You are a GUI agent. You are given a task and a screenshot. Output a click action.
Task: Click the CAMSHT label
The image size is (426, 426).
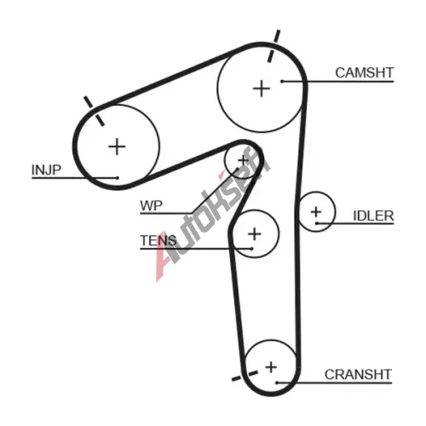click(365, 72)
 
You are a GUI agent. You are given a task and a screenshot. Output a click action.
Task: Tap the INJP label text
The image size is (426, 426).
click(46, 170)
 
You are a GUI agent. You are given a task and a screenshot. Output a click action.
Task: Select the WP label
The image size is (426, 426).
click(152, 205)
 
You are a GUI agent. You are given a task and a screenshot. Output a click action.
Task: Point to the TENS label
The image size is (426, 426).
click(158, 240)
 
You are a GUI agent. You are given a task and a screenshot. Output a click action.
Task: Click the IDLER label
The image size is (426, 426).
click(373, 216)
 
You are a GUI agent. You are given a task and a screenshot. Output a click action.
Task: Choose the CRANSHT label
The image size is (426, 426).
click(358, 375)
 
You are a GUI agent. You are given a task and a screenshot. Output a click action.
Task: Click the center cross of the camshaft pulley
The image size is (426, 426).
click(262, 89)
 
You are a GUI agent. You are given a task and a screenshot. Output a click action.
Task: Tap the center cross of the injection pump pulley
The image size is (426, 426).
click(117, 147)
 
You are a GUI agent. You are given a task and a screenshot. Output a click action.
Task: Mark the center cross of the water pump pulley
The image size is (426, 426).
click(243, 161)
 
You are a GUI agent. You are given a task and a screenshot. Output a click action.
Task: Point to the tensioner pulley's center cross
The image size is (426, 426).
click(255, 234)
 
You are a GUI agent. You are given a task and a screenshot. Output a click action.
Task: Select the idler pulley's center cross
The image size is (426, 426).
click(316, 212)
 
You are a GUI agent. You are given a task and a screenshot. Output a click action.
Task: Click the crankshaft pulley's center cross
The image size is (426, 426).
click(271, 367)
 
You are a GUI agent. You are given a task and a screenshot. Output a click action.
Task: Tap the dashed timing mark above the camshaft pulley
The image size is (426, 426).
click(273, 46)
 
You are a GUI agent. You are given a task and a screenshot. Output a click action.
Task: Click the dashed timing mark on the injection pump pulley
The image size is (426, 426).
click(94, 111)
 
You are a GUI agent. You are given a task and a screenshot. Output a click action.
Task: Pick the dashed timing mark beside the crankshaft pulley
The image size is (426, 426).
click(245, 376)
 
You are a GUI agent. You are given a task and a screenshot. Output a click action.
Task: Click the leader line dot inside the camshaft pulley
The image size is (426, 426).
click(282, 82)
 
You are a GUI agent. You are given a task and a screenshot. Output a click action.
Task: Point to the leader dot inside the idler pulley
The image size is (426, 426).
click(317, 223)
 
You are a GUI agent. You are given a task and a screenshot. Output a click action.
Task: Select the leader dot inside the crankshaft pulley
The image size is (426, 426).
click(277, 383)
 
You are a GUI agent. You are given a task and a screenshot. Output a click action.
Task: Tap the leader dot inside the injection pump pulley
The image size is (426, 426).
click(118, 178)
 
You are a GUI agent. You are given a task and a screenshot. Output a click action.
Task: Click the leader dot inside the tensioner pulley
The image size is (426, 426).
click(252, 249)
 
